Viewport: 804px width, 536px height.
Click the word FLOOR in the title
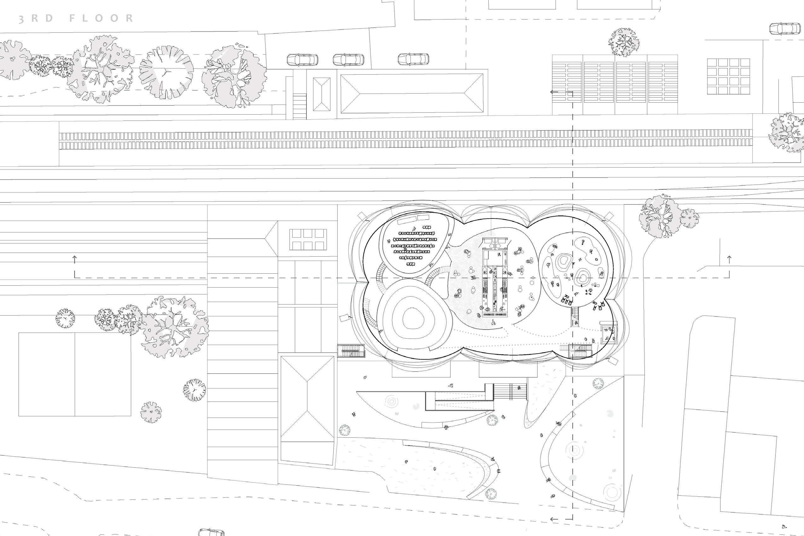tap(101, 19)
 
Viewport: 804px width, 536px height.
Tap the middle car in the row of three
tap(348, 60)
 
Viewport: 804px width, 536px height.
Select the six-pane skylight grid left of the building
tap(308, 239)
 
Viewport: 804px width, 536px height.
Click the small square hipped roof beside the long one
tap(322, 94)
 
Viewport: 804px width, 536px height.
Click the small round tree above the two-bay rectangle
tap(65, 318)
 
